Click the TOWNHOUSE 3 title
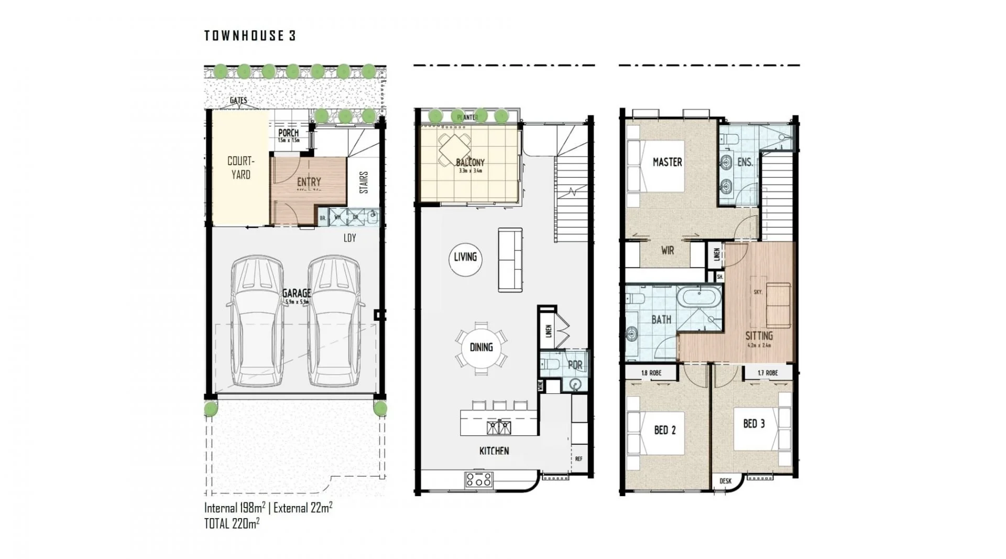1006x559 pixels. click(x=250, y=36)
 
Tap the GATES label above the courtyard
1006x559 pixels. click(x=238, y=100)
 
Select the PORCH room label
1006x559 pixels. click(x=288, y=133)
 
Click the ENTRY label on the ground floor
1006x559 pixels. click(x=309, y=182)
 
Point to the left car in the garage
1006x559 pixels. click(x=257, y=321)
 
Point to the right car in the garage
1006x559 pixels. click(x=334, y=321)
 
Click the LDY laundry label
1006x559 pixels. click(x=349, y=238)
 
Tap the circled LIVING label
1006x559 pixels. click(x=465, y=257)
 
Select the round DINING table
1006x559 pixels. click(x=481, y=347)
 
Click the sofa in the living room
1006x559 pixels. click(x=510, y=260)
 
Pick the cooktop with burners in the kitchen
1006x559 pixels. click(x=479, y=479)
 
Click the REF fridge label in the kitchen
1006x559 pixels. click(x=578, y=459)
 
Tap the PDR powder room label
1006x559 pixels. click(x=575, y=365)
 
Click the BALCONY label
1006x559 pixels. click(x=470, y=163)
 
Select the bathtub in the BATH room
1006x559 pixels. click(x=699, y=297)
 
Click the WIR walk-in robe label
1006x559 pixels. click(x=667, y=251)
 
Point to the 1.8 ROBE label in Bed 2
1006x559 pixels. click(x=651, y=373)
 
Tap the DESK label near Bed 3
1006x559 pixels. click(x=725, y=481)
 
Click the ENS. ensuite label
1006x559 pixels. click(x=745, y=163)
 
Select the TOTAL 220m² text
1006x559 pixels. click(x=232, y=523)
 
